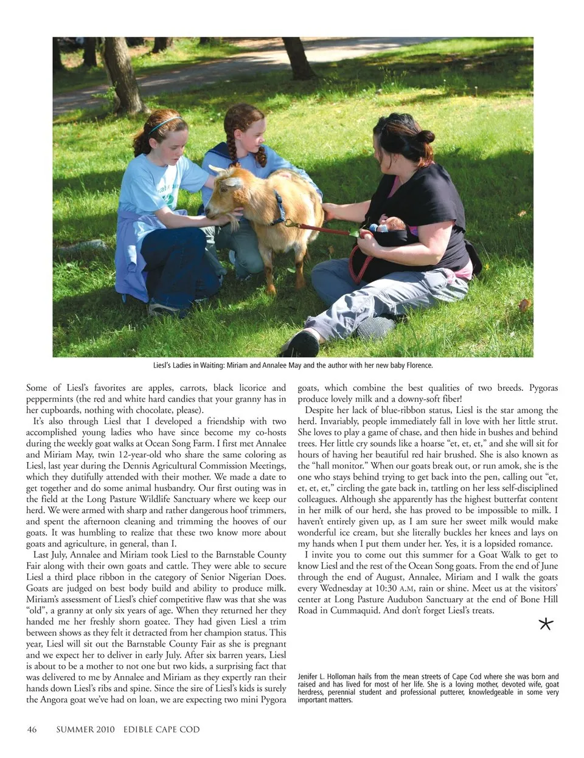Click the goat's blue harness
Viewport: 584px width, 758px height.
[x=279, y=207]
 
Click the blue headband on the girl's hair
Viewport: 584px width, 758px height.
[x=164, y=123]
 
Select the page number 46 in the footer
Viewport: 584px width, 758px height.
[x=32, y=729]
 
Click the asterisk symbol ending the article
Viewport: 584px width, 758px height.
[x=546, y=623]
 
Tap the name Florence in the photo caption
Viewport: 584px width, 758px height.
[x=417, y=366]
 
